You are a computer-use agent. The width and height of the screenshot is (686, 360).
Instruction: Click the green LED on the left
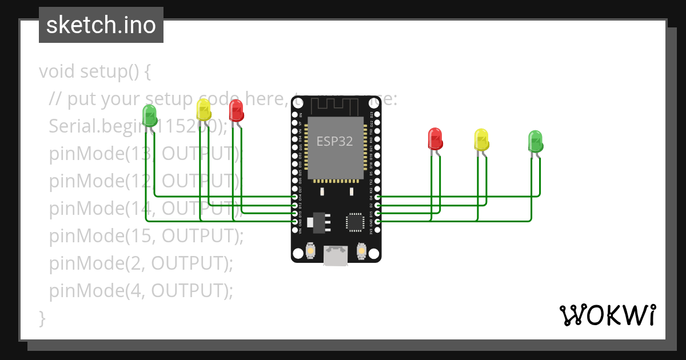click(149, 115)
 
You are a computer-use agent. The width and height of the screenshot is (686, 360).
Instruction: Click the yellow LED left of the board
click(204, 109)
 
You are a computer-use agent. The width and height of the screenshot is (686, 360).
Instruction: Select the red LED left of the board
click(236, 110)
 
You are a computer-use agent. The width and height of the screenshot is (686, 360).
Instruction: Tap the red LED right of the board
click(435, 139)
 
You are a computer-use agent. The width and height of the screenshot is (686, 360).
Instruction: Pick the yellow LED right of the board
click(481, 139)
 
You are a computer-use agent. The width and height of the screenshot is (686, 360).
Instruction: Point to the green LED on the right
click(535, 141)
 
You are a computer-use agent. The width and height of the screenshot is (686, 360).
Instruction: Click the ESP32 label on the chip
click(334, 141)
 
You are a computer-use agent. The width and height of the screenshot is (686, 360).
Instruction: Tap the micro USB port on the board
click(335, 255)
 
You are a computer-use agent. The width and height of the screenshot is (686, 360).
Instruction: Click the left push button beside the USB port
click(309, 251)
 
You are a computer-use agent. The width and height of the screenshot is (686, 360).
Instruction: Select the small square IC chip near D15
click(354, 222)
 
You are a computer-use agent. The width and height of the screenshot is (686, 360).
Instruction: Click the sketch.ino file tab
click(101, 25)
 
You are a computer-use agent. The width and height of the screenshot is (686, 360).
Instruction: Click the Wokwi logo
click(607, 315)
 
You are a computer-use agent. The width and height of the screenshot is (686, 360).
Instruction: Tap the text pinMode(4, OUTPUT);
click(141, 291)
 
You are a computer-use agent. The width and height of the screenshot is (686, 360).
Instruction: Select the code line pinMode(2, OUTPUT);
click(141, 263)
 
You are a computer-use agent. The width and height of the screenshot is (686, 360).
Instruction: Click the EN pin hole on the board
click(295, 114)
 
